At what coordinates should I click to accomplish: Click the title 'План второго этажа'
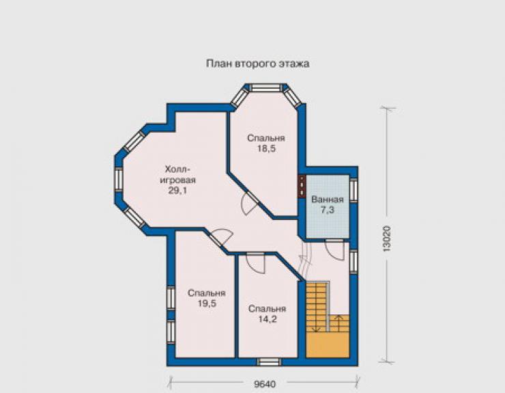coord(258,64)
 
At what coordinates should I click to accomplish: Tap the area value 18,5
coord(266,149)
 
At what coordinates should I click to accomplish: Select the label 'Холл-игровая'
coord(178,174)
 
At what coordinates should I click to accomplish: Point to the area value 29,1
coord(177,191)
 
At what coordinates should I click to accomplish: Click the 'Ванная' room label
coord(327,199)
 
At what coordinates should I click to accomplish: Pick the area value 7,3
coord(327,210)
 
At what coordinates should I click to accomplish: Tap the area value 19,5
coord(207,303)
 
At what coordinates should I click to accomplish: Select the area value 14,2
coord(268,319)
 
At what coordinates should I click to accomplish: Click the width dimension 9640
coord(265,384)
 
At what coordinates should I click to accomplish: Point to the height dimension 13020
coord(387,239)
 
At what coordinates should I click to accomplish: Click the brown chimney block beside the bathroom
coord(302,186)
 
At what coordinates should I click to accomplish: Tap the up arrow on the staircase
coord(338,323)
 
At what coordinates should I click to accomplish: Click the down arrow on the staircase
coord(316,323)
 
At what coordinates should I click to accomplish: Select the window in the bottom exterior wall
coord(269,362)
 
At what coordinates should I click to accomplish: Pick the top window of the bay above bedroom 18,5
coord(266,87)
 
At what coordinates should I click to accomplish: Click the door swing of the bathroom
coord(335,249)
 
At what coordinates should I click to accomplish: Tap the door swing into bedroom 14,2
coord(255,263)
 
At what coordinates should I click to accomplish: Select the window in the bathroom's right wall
coord(353,190)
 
